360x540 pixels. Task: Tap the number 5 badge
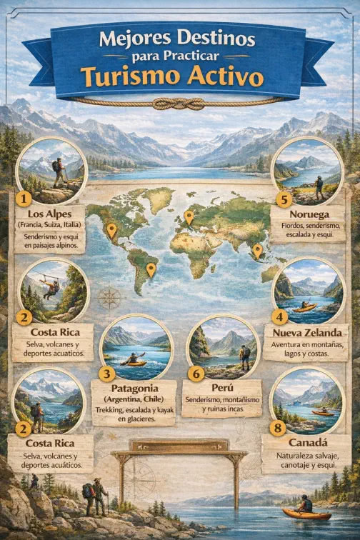click(x=284, y=199)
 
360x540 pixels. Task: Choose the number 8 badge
click(x=279, y=428)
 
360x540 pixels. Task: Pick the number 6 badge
click(x=197, y=372)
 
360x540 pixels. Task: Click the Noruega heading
click(x=309, y=214)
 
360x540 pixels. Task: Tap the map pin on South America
click(x=151, y=269)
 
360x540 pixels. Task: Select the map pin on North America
click(x=111, y=229)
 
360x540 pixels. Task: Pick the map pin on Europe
click(x=189, y=216)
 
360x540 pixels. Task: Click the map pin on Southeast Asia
click(x=258, y=250)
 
